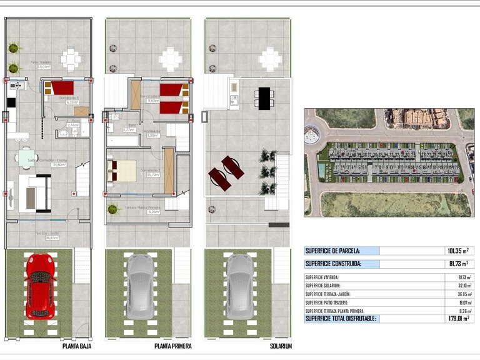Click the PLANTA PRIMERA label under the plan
[172, 346]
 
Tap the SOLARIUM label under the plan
[281, 346]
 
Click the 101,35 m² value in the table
[458, 251]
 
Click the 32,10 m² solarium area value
[461, 285]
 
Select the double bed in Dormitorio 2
[121, 169]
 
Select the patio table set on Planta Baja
[71, 59]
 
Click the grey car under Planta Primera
[140, 286]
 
